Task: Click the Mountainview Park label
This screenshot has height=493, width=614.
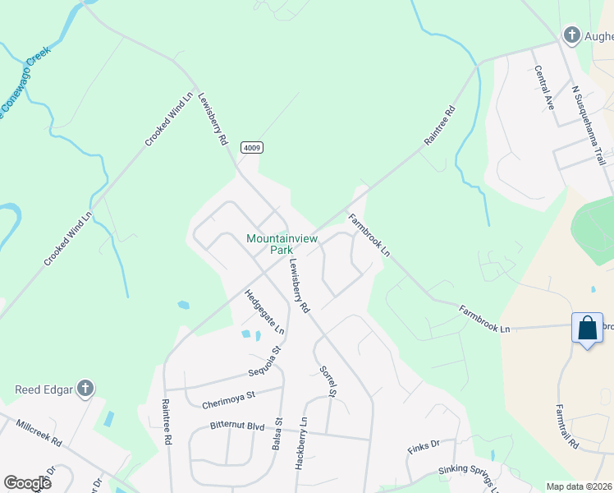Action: [270, 244]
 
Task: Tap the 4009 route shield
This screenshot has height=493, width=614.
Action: [252, 148]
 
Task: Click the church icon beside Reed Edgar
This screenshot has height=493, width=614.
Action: [85, 389]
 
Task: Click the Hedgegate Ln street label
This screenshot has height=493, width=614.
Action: [264, 311]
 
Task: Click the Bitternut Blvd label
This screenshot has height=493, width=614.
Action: [237, 426]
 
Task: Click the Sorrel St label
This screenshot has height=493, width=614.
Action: [328, 380]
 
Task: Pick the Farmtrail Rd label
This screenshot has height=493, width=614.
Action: [567, 425]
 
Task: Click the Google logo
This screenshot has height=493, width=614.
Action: [27, 482]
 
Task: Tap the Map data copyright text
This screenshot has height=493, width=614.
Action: [579, 486]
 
